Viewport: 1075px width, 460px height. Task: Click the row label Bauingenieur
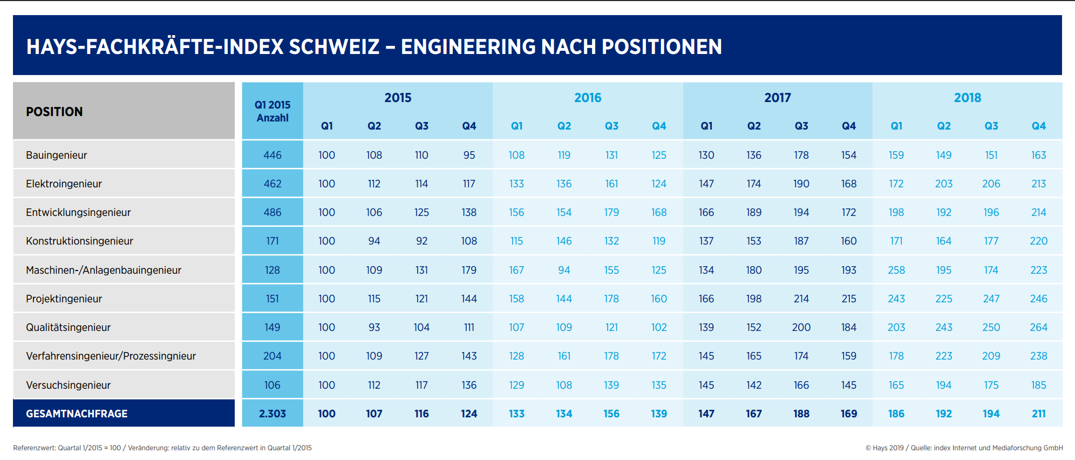(56, 155)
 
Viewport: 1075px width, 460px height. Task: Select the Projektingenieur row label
(64, 299)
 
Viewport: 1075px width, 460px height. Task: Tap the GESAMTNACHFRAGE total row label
(77, 414)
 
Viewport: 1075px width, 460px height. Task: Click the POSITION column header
(55, 112)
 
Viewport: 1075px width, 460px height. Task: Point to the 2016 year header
(588, 98)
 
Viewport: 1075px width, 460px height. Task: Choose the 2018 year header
(967, 98)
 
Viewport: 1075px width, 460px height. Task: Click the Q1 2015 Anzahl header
(273, 111)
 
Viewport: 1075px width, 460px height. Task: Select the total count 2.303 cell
(273, 414)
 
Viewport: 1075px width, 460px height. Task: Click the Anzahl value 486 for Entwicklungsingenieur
(273, 212)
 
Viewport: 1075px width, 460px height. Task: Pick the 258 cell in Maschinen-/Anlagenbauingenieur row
(896, 270)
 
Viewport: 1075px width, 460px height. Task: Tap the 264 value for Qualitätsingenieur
(1038, 327)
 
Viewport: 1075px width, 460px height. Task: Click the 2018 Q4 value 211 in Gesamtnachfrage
(1038, 414)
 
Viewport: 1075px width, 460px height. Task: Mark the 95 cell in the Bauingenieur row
(469, 155)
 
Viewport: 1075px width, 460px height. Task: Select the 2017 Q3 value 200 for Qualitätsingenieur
(801, 327)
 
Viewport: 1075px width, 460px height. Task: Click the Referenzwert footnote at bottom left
(162, 448)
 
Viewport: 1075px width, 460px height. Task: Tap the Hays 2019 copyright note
(964, 448)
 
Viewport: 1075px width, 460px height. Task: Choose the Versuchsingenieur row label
(68, 385)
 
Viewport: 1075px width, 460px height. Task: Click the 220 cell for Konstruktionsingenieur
(1038, 241)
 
